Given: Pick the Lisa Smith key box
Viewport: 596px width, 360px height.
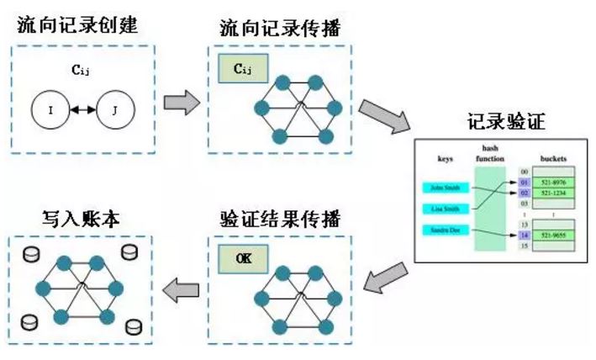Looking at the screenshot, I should click(x=445, y=208).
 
